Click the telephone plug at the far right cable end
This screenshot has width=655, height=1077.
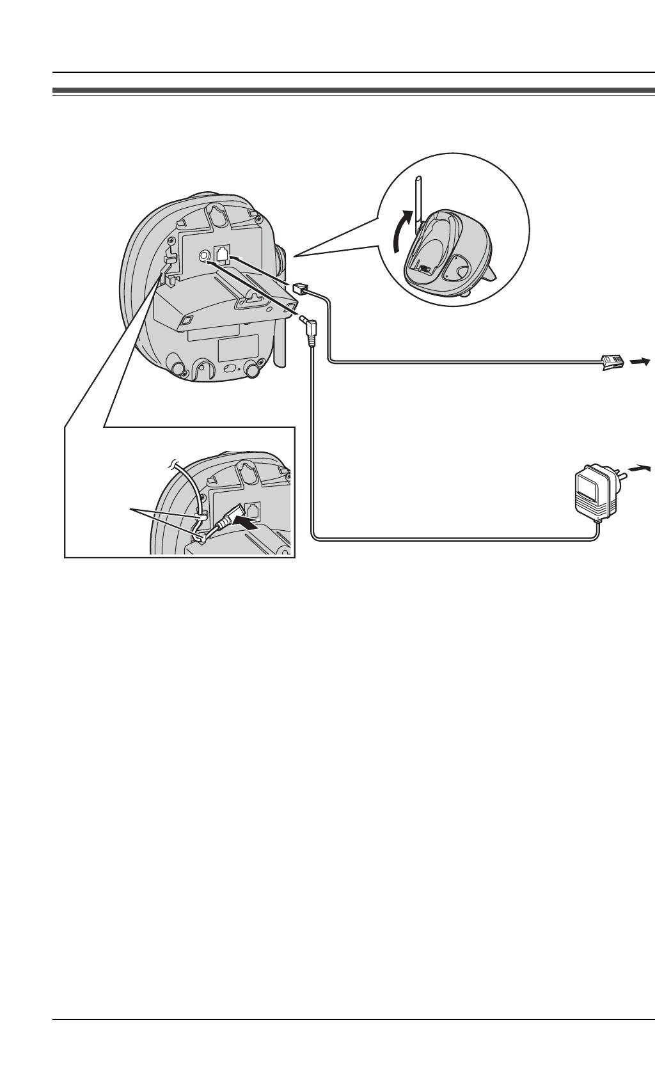point(610,363)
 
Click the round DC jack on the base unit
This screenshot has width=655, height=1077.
point(204,256)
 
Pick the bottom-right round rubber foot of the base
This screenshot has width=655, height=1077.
point(253,370)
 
